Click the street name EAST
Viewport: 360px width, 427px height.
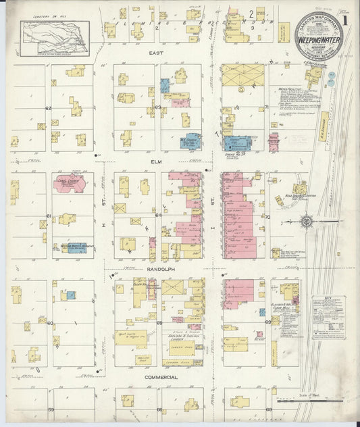(x=157, y=51)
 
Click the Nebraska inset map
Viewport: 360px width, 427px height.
(x=55, y=36)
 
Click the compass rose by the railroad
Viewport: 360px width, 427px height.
(x=306, y=220)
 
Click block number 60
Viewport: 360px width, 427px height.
(x=50, y=323)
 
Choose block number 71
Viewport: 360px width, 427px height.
(x=267, y=107)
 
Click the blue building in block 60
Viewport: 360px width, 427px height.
(x=70, y=295)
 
